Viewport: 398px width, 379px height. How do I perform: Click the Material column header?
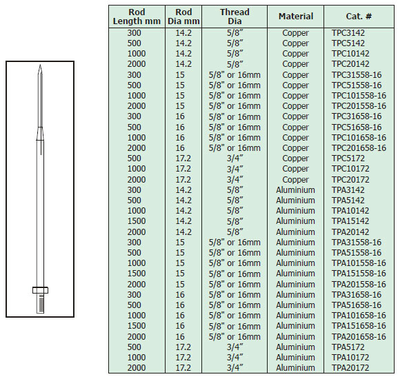(296, 17)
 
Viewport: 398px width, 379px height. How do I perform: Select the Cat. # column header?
(359, 17)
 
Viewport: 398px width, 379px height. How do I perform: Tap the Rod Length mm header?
(137, 17)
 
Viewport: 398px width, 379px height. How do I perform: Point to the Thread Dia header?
(235, 17)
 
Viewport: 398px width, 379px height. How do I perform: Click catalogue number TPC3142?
(348, 33)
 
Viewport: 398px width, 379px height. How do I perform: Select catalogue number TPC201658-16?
(359, 148)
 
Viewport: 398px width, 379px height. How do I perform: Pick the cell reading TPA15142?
(350, 221)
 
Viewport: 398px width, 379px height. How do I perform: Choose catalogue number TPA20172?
(350, 367)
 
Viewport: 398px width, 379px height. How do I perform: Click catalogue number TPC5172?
(348, 158)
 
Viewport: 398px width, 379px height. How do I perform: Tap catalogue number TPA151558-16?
(359, 274)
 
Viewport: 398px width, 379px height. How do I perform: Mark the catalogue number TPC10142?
(350, 54)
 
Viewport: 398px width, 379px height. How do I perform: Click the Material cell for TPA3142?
(295, 190)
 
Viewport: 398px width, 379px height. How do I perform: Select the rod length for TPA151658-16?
(137, 326)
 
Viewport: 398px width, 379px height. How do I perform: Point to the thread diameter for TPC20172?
(235, 180)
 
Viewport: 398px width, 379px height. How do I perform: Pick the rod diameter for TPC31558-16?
(180, 75)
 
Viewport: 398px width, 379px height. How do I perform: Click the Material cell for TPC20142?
(295, 64)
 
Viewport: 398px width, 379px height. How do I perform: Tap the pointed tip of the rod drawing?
(40, 65)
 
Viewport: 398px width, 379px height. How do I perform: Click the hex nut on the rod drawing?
(41, 290)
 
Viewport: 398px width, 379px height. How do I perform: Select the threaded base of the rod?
(41, 303)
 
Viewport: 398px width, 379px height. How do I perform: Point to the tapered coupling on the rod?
(40, 134)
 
